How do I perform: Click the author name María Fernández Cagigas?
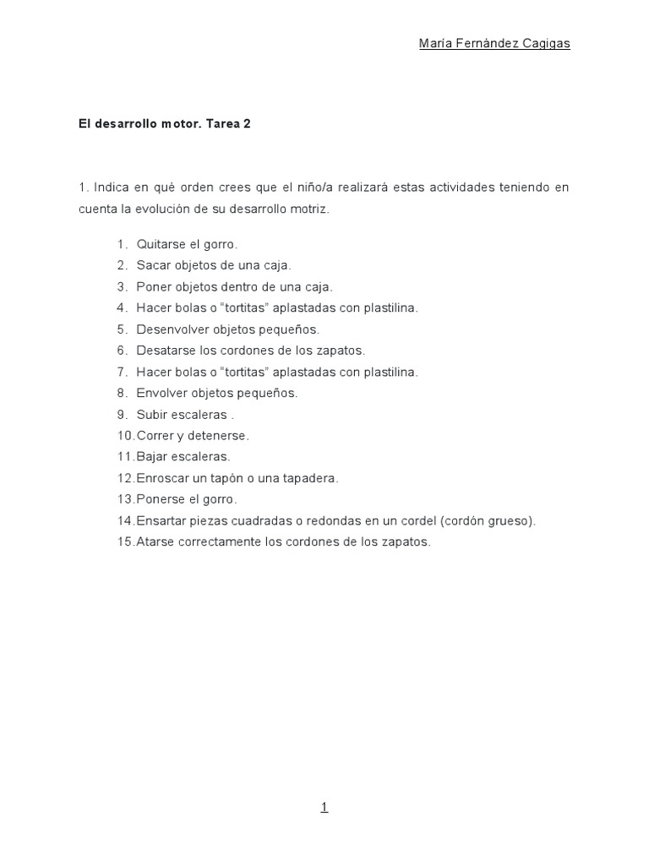coord(494,44)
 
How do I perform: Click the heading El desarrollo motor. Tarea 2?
coord(165,123)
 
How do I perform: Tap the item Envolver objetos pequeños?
coord(217,393)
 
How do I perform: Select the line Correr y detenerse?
coord(193,436)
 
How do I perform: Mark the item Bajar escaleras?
coord(183,457)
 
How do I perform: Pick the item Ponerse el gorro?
coord(187,499)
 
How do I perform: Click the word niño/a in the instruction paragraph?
coord(306,187)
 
